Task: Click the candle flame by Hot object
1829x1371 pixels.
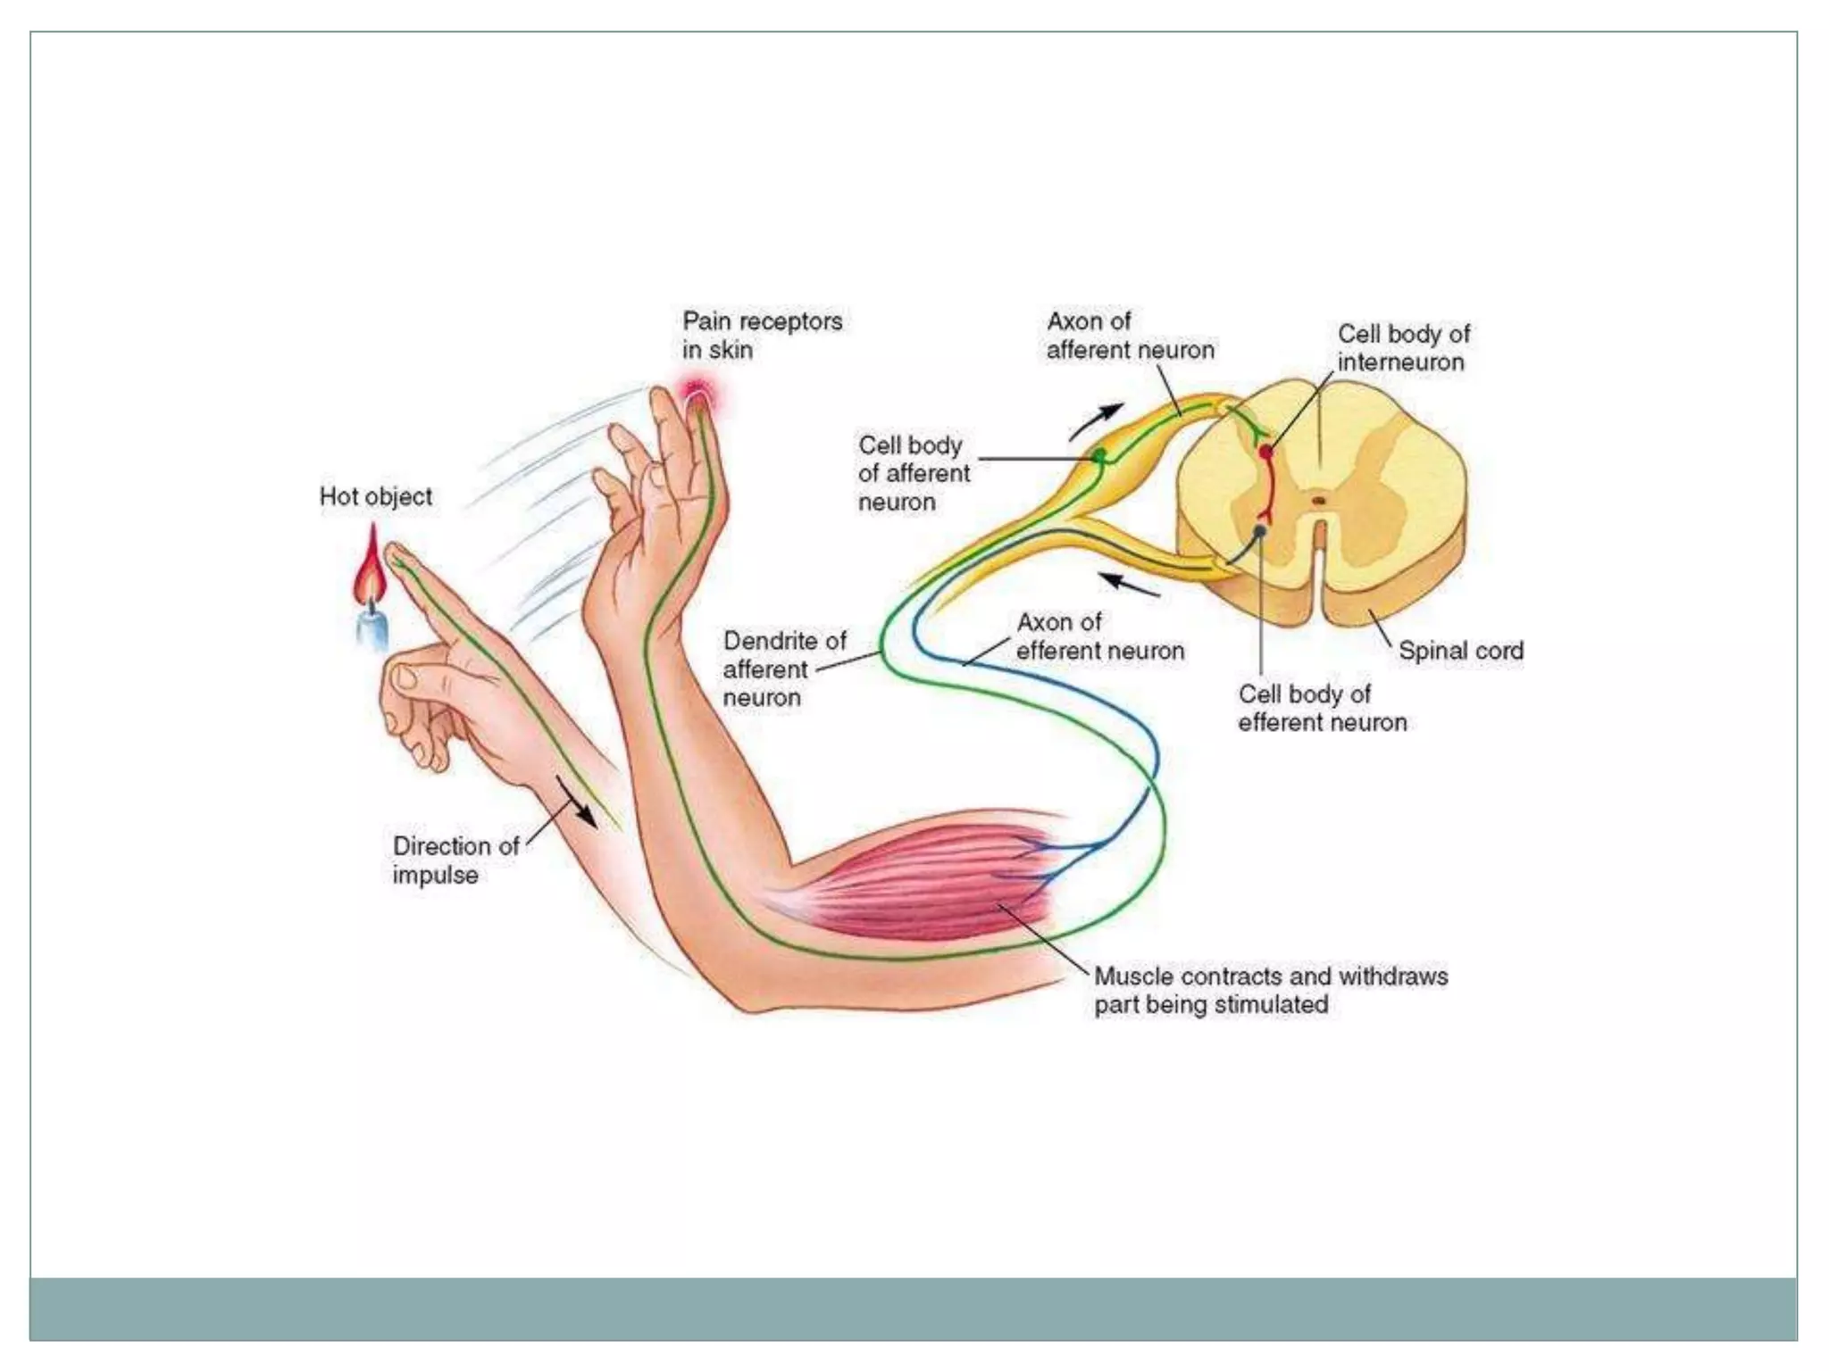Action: (370, 568)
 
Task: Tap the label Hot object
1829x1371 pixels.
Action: (375, 496)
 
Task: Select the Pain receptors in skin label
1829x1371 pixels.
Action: (762, 335)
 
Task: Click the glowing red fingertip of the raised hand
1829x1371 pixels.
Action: (697, 396)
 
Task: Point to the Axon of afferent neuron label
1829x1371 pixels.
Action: (1130, 335)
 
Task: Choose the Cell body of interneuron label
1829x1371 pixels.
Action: (1402, 347)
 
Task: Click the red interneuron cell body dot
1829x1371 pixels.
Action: (1265, 453)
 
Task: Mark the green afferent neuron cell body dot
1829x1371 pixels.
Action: (1099, 457)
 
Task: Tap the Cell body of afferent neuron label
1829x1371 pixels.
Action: (913, 473)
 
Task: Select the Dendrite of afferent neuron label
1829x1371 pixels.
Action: (783, 669)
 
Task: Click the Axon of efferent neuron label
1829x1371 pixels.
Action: (1099, 636)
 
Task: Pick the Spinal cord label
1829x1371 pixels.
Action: (1460, 651)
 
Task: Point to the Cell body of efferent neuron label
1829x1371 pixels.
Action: (1321, 708)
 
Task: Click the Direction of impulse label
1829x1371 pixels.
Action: (455, 860)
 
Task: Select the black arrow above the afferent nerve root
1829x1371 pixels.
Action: (1098, 420)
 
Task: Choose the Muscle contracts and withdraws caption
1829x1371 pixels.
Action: (1270, 990)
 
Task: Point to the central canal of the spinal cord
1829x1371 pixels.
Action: (1318, 501)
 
